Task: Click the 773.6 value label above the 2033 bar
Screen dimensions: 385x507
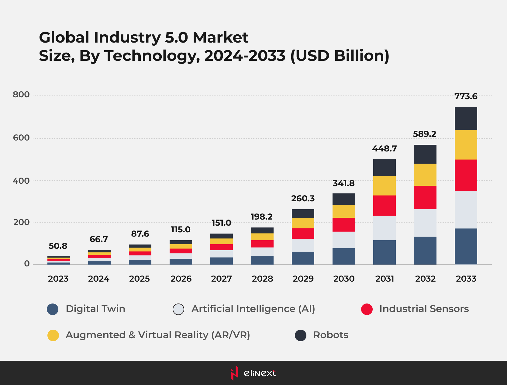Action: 466,96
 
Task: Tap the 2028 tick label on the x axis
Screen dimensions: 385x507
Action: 262,279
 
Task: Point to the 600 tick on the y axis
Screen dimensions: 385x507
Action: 21,138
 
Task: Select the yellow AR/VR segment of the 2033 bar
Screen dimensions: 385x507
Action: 466,145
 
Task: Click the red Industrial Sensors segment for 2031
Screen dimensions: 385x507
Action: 385,206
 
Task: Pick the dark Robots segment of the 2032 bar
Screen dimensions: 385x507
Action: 425,154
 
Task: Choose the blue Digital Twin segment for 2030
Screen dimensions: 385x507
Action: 344,256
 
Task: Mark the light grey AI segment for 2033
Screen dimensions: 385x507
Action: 466,210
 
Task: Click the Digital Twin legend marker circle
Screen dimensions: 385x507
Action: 53,309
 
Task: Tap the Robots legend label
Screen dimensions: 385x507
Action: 331,335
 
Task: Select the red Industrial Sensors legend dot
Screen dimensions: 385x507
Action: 367,309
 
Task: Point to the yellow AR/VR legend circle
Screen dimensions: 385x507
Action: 53,335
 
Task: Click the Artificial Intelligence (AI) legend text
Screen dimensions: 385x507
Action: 253,309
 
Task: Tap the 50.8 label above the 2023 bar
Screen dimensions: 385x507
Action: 58,246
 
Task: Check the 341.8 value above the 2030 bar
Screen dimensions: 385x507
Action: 343,183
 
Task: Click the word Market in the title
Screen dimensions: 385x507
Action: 220,38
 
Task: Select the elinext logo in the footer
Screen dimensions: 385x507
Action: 253,373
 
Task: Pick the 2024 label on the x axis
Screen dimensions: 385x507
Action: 99,279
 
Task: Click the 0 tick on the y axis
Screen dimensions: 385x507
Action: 27,264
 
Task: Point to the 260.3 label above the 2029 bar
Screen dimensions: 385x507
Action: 303,199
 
